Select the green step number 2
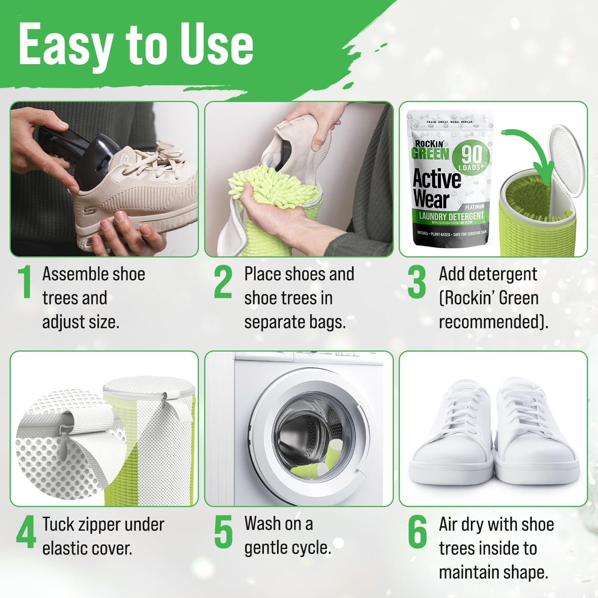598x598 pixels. click(x=223, y=282)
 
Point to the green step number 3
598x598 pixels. click(x=417, y=282)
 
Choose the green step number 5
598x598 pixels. click(x=223, y=532)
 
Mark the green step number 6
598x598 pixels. click(x=417, y=532)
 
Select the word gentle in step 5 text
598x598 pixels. click(x=268, y=549)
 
